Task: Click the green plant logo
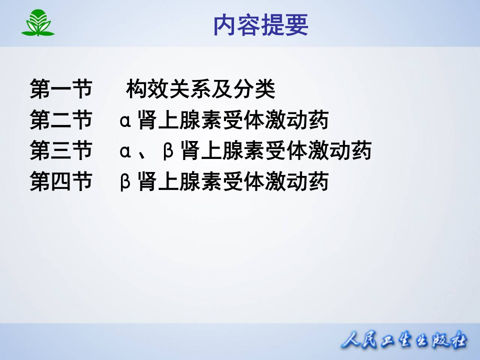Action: pos(37,23)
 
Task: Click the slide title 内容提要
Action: pos(260,25)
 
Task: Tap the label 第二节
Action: pos(61,120)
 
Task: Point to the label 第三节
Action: pos(61,150)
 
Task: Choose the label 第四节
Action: pos(61,181)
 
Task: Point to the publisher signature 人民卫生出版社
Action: pos(404,341)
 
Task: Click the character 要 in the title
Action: pos(297,25)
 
